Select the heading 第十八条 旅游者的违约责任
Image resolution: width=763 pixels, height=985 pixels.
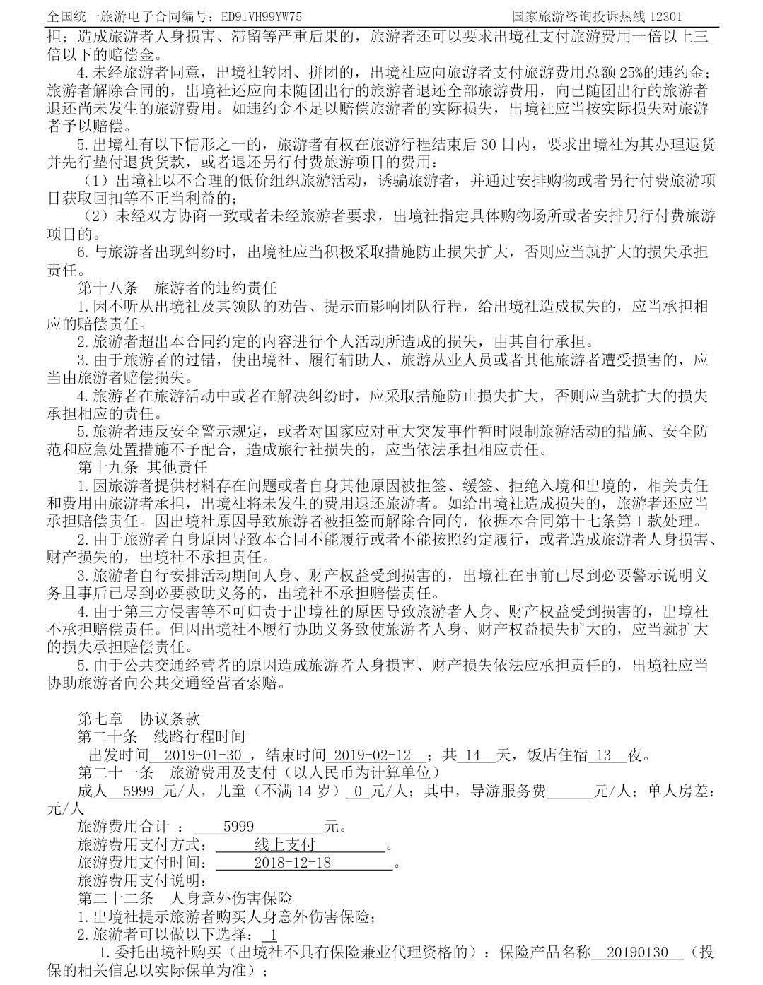click(x=177, y=288)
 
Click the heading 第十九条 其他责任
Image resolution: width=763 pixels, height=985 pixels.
click(x=141, y=468)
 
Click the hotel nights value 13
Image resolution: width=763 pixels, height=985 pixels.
click(x=603, y=755)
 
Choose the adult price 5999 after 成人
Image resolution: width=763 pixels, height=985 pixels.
click(x=139, y=791)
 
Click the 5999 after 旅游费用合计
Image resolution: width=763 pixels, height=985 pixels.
click(x=238, y=827)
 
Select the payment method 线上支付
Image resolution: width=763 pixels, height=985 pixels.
click(x=285, y=844)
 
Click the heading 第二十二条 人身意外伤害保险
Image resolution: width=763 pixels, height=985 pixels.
click(x=185, y=899)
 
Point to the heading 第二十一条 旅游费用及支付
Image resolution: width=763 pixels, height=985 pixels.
click(x=258, y=773)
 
